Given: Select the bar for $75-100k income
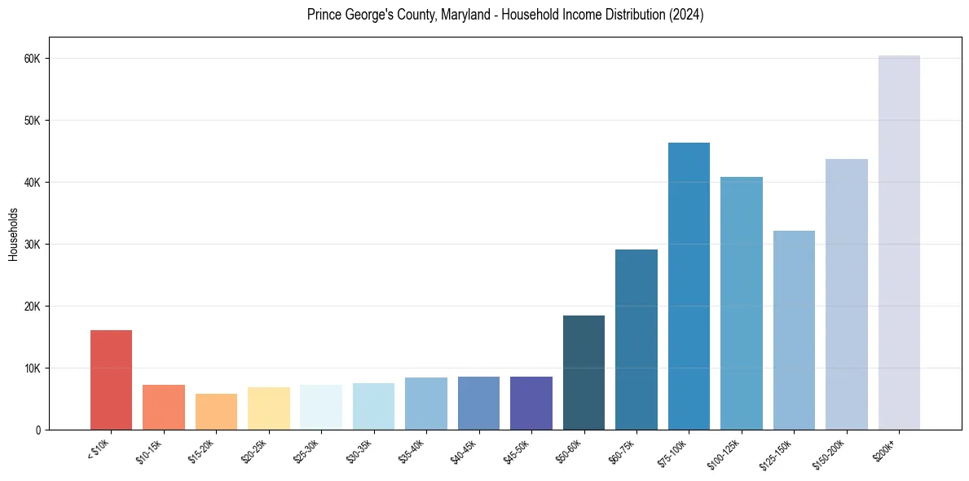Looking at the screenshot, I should tap(689, 286).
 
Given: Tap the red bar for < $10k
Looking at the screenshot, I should tap(111, 380).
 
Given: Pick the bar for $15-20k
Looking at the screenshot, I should tap(216, 412).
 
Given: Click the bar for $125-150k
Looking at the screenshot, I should tap(794, 330).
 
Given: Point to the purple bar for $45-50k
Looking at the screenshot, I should tap(531, 403).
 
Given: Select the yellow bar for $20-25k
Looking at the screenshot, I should tap(269, 408).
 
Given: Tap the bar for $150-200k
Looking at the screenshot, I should tap(846, 294).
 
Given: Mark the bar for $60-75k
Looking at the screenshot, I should tap(636, 339).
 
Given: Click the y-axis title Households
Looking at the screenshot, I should tap(13, 234).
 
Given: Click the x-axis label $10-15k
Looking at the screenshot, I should tap(151, 449).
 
